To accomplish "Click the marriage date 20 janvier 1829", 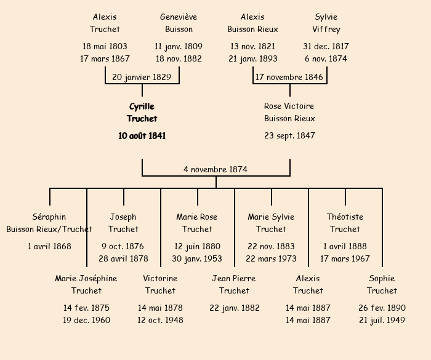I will pos(142,77).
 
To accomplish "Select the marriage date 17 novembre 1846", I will pos(289,77).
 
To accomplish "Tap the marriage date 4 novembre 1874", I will pos(216,169).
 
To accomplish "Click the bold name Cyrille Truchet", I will pos(142,113).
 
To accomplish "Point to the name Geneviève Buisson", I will pos(179,23).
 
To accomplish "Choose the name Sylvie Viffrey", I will pos(326,23).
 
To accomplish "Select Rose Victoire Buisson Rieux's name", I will pos(289,113).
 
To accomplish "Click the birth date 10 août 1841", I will pos(142,135).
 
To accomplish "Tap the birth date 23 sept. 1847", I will pos(289,135).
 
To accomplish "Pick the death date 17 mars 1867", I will pos(105,59).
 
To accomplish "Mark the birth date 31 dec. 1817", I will pos(326,46).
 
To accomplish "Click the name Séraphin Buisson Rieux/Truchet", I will pos(49,223).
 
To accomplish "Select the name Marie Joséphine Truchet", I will pos(86,284).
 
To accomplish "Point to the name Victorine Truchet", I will pos(160,284).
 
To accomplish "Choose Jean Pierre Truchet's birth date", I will pos(234,308).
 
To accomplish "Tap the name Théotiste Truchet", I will pos(345,223).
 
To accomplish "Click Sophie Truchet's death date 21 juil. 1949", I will pos(382,320).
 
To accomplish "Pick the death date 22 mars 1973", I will pos(271,258).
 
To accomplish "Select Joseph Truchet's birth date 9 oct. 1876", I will pos(123,246).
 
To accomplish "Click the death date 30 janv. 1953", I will pos(197,258).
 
